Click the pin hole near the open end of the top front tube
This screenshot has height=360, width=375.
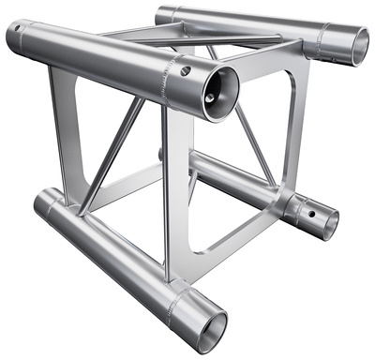pyautogui.click(x=186, y=71)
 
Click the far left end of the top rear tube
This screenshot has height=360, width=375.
pyautogui.click(x=161, y=15)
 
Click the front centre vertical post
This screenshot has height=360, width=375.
pyautogui.click(x=172, y=202)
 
